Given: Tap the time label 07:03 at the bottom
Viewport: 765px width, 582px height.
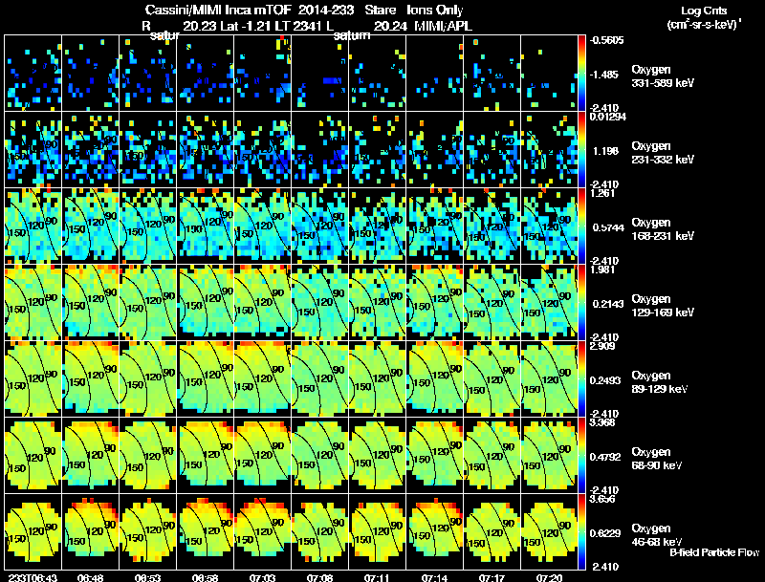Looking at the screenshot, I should tap(262, 576).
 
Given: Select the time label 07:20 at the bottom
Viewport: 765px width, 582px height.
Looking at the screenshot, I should tap(549, 576).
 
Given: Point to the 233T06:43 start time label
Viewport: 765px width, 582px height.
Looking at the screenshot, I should tap(33, 576).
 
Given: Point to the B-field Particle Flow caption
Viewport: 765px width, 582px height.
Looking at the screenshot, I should tap(714, 552).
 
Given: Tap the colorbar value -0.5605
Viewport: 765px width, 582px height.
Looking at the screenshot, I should tap(609, 40).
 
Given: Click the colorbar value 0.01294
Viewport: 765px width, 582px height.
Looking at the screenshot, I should tap(609, 117).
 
